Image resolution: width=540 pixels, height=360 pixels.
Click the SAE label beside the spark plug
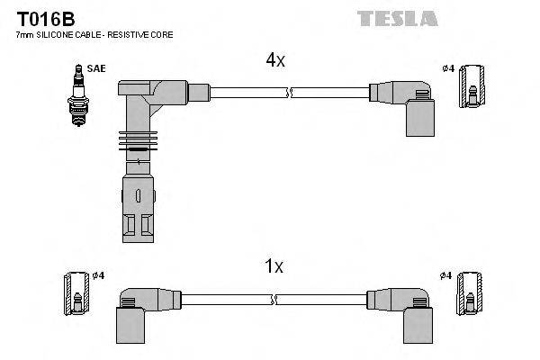(94, 67)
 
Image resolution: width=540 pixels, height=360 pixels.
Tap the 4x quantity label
(274, 60)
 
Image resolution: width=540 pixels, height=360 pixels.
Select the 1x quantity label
(274, 266)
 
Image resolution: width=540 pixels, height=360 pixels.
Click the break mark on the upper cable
(288, 92)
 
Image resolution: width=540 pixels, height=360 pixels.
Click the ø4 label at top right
(447, 69)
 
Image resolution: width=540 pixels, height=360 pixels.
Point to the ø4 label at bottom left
(99, 274)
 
